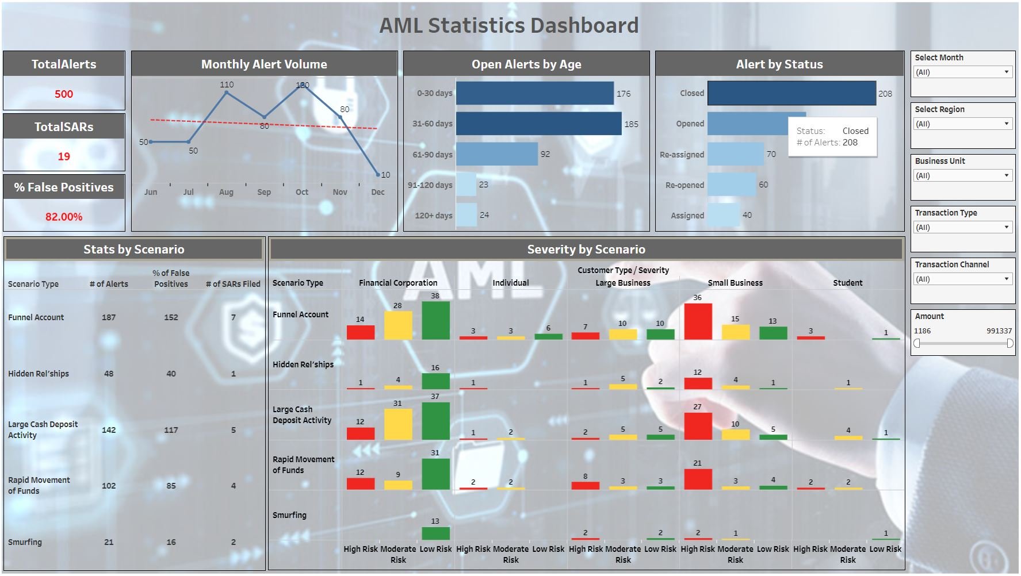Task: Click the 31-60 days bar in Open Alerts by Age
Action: click(x=538, y=124)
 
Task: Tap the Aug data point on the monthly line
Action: click(x=227, y=92)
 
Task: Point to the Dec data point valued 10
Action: click(x=378, y=174)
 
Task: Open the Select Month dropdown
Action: click(x=962, y=72)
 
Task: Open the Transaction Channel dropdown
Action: click(x=962, y=279)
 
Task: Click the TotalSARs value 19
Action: click(x=64, y=156)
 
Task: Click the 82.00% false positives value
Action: click(x=64, y=217)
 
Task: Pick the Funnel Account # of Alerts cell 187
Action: click(x=109, y=317)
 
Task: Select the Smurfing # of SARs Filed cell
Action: click(x=234, y=542)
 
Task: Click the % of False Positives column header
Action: click(x=171, y=278)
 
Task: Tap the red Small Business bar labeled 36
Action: click(x=698, y=321)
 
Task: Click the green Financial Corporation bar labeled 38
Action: click(x=435, y=320)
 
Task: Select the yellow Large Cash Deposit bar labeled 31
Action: click(x=398, y=424)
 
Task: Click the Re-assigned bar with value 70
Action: click(x=735, y=154)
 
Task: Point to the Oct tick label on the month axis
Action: click(x=302, y=192)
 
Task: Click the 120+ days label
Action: click(x=434, y=216)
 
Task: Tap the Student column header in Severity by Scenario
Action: click(x=847, y=283)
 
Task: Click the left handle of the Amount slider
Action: click(x=917, y=343)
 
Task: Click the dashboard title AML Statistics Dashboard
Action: click(x=509, y=25)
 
